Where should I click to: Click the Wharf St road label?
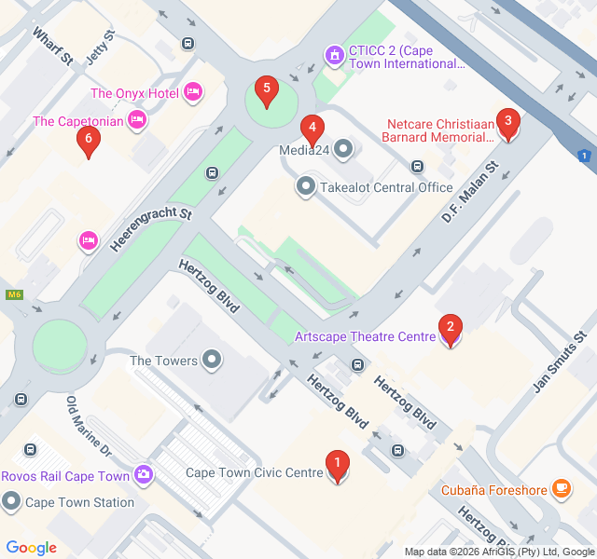tap(53, 46)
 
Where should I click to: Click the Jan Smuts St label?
tap(558, 361)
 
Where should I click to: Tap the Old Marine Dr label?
tap(89, 426)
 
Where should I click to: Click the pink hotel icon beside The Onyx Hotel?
tap(193, 91)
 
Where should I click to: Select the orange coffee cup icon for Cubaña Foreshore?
tap(561, 487)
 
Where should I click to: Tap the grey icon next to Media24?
tap(343, 148)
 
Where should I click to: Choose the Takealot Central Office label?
tap(386, 187)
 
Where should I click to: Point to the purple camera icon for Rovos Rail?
tap(144, 475)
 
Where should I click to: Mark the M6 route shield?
tap(14, 295)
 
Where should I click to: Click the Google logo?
tap(31, 548)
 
